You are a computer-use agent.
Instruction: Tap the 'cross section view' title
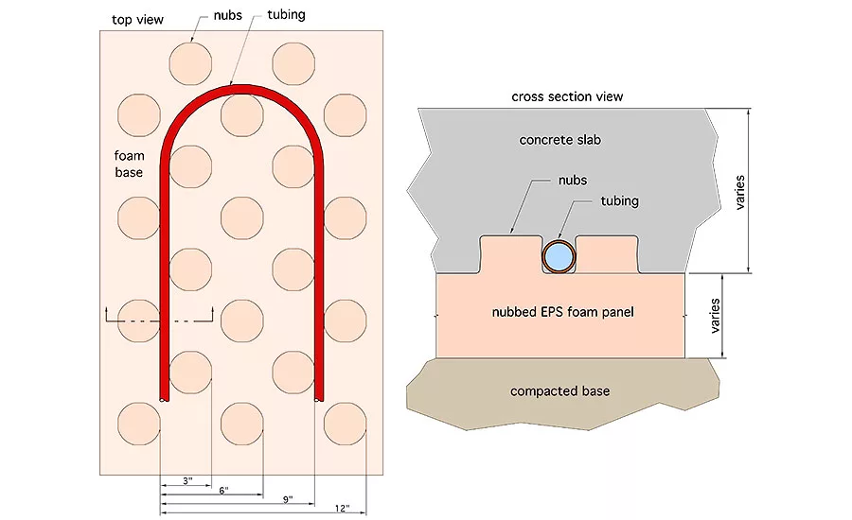tap(567, 96)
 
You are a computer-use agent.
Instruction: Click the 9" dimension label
tap(287, 499)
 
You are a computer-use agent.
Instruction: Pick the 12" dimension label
tap(342, 510)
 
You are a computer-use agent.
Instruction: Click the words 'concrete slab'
tap(560, 140)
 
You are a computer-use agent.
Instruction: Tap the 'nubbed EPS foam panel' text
tap(559, 313)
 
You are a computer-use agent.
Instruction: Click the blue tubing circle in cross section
tap(559, 255)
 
